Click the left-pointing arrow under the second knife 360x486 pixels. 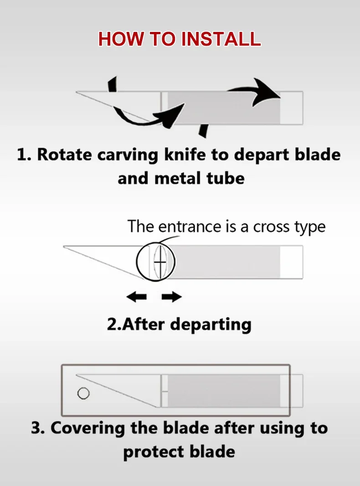point(136,297)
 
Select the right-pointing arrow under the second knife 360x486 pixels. point(172,297)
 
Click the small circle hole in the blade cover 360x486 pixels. point(83,393)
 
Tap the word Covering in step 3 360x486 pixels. point(87,429)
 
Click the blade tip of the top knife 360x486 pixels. point(77,92)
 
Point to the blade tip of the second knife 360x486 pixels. point(65,247)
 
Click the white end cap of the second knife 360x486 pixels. point(291,262)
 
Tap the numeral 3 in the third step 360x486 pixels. point(36,429)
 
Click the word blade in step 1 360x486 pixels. point(318,155)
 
